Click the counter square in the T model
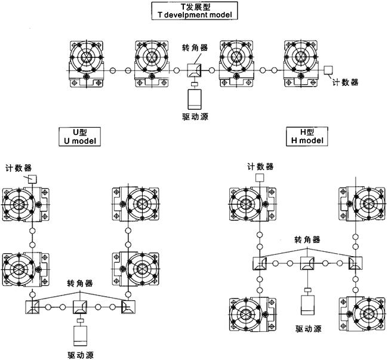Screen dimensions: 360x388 [328, 70]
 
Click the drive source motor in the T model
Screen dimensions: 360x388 [195, 97]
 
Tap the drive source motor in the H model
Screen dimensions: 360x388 [307, 305]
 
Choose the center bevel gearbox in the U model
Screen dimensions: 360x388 [80, 307]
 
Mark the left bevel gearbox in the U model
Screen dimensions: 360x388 [32, 307]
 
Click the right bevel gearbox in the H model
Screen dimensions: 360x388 [356, 263]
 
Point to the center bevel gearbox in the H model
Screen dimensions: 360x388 [307, 263]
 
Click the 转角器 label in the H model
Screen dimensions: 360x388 [307, 239]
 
